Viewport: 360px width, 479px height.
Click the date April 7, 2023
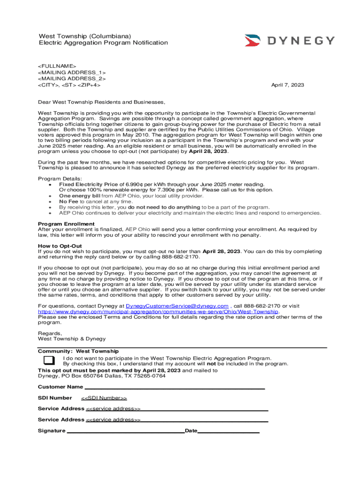288,85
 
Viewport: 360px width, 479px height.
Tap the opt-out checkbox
48,360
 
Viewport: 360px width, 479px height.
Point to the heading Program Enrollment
66,224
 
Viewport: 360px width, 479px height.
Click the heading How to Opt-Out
60,246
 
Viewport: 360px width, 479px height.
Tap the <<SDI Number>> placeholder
104,398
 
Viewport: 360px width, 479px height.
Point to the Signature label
51,431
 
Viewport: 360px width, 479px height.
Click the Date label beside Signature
191,431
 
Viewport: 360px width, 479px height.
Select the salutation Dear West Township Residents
101,102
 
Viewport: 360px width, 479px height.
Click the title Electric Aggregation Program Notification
103,43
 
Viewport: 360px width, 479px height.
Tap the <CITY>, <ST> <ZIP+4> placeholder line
69,85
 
